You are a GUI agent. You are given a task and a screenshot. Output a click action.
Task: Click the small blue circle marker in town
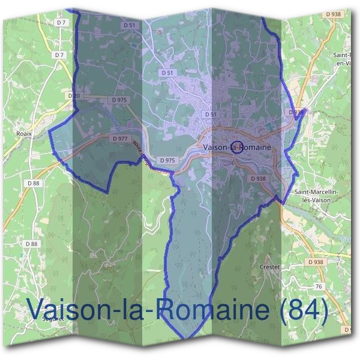pyautogui.click(x=237, y=147)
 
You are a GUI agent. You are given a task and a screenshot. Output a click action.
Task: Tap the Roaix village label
pyautogui.click(x=25, y=134)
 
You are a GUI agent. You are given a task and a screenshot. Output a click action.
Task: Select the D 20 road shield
pyautogui.click(x=74, y=95)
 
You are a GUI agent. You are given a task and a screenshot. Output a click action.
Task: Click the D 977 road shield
pyautogui.click(x=119, y=138)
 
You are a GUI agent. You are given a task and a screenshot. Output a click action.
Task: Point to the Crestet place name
pyautogui.click(x=270, y=266)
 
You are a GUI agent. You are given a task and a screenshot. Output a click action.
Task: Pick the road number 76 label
pyautogui.click(x=319, y=287)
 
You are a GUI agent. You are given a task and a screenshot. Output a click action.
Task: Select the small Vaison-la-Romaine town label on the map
pyautogui.click(x=237, y=147)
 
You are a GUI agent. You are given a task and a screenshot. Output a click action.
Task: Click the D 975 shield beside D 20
pyautogui.click(x=119, y=100)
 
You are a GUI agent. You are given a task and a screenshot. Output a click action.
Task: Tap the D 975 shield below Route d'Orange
pyautogui.click(x=167, y=160)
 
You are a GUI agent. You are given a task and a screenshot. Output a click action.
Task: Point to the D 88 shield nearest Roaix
pyautogui.click(x=33, y=182)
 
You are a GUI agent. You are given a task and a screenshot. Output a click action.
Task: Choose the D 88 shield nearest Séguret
pyautogui.click(x=32, y=244)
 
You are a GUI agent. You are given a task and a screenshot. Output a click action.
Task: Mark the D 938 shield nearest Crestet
pyautogui.click(x=315, y=262)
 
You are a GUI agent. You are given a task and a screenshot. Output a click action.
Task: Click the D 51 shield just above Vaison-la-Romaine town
pyautogui.click(x=210, y=113)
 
